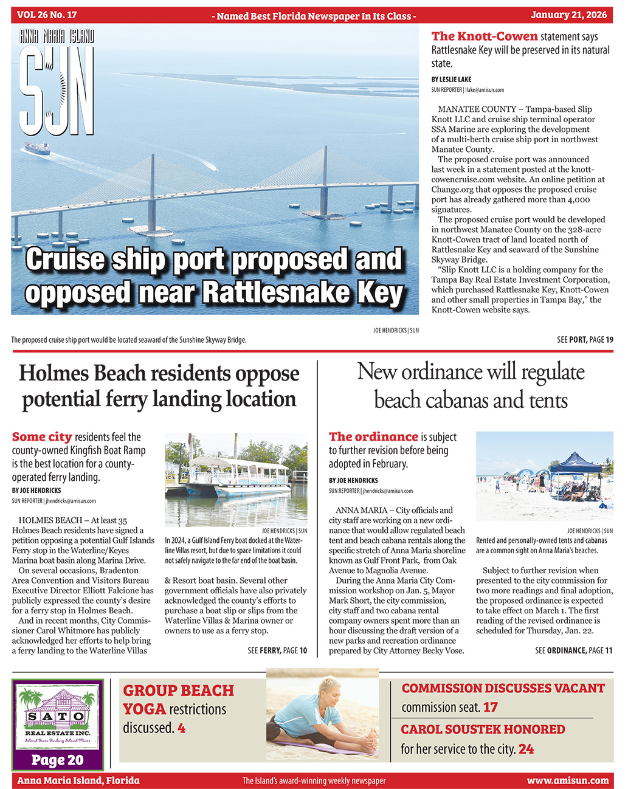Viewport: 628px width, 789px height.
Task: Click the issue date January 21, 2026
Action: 570,15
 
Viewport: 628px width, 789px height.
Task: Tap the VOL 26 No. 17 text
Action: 47,15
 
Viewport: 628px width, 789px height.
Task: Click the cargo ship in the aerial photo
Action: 36,148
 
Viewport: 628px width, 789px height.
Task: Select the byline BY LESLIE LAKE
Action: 451,80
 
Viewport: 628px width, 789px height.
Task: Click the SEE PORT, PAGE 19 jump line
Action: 585,340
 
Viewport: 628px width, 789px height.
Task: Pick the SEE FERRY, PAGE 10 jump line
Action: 277,650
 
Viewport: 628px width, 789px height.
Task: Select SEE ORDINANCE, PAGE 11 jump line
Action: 573,650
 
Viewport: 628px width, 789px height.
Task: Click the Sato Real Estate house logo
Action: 58,714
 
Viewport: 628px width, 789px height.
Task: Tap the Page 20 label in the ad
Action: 58,760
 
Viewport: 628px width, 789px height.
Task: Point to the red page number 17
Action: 490,708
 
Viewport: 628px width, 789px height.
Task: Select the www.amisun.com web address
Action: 567,780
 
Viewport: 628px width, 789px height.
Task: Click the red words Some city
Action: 42,437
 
